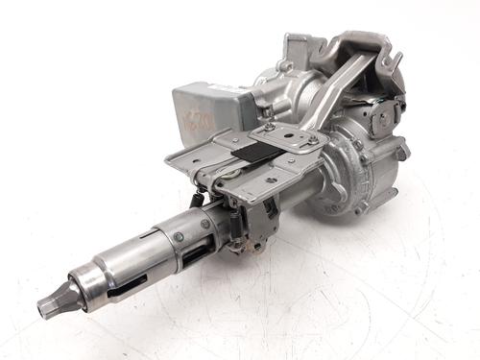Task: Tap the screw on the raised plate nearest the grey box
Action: point(271,127)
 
